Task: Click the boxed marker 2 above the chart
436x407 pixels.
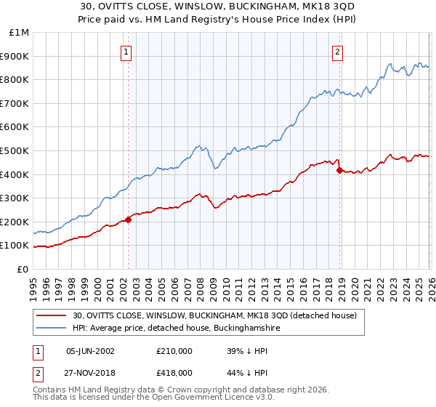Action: coord(339,52)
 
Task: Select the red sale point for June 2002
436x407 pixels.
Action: coord(129,219)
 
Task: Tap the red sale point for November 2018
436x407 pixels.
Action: coord(339,170)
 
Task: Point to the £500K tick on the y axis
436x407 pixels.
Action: coord(17,150)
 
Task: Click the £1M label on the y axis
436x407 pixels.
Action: coord(20,33)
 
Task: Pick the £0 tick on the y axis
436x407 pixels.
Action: coord(23,269)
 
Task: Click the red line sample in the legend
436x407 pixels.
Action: coord(52,316)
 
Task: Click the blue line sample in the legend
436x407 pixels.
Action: coord(52,329)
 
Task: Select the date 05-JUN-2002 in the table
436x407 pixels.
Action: coord(90,350)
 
